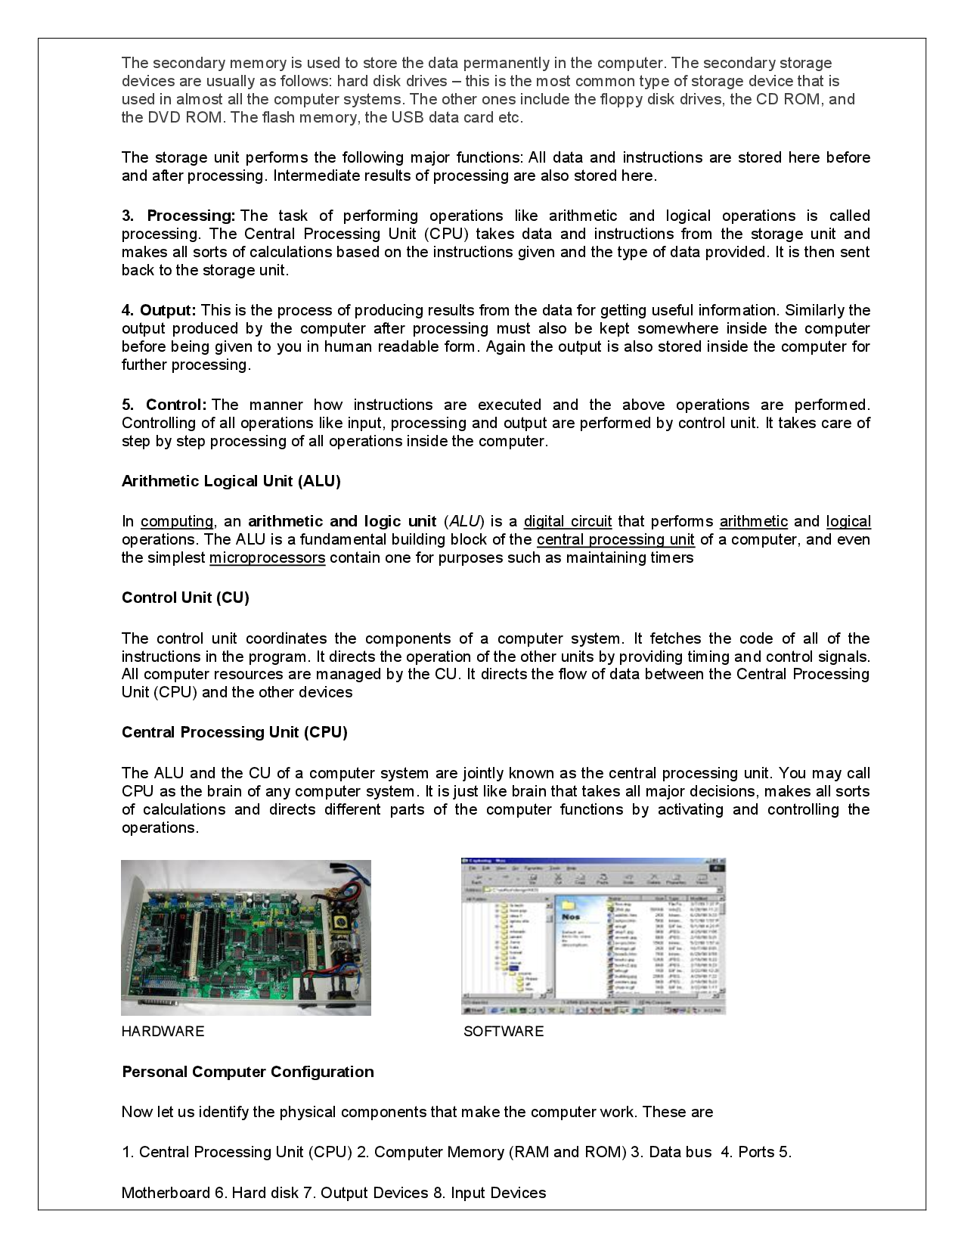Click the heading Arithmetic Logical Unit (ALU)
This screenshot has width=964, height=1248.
coord(231,481)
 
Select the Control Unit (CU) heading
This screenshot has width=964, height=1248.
coord(185,598)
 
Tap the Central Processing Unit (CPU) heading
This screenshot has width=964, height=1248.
coord(234,732)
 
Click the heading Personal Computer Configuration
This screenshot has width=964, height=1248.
coord(247,1072)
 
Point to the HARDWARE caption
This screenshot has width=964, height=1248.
coord(163,1032)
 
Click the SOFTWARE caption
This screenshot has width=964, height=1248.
coord(503,1032)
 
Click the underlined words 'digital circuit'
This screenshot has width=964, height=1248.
coord(567,521)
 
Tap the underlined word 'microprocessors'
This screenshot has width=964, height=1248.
coord(267,558)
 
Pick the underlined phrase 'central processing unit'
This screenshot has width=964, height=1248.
coord(615,540)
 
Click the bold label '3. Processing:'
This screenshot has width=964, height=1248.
coord(179,216)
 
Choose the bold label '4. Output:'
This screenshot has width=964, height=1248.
coord(159,310)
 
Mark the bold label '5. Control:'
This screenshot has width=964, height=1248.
coord(164,405)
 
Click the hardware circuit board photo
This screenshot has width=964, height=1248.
coord(246,938)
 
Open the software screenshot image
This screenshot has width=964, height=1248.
coord(593,936)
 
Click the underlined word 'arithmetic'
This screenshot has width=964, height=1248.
coord(753,521)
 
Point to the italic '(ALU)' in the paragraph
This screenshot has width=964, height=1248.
coord(463,521)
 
